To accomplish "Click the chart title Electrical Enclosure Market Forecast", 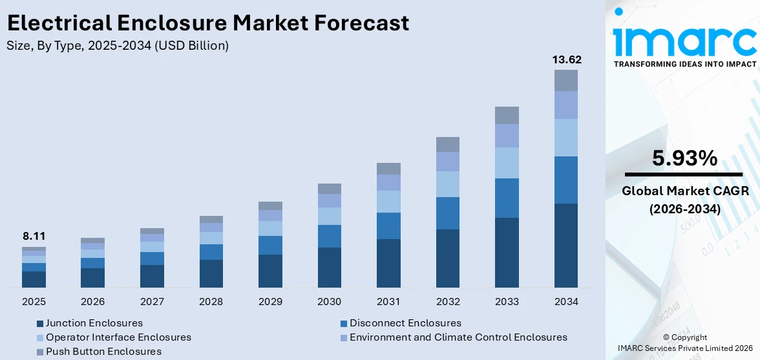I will click(208, 23).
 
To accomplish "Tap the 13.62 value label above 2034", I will click(566, 59).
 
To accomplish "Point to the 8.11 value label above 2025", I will click(34, 237).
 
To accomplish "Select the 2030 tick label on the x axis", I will click(330, 302).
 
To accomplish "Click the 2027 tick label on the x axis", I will click(152, 302).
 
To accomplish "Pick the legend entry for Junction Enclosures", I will click(94, 323).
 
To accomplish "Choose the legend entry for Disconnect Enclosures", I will click(405, 323).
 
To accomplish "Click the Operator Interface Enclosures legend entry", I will click(118, 337).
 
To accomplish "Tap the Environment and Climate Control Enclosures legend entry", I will click(458, 337).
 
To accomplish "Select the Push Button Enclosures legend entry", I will click(103, 352).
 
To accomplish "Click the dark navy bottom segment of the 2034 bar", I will click(566, 246).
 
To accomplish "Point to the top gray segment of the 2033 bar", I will click(507, 115).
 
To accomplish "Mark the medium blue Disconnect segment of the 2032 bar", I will click(448, 213).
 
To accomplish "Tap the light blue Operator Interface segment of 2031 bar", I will click(388, 202).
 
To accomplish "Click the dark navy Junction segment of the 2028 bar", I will click(211, 273).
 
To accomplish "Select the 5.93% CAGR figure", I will click(684, 158).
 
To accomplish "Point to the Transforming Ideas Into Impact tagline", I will click(684, 64).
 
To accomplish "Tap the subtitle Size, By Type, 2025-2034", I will click(118, 46).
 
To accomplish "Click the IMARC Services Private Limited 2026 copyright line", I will click(684, 349).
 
